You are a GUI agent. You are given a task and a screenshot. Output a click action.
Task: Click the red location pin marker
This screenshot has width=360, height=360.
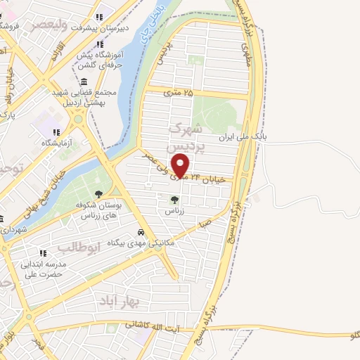point(181,165)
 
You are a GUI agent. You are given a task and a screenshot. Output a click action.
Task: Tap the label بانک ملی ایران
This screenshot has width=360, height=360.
point(252,136)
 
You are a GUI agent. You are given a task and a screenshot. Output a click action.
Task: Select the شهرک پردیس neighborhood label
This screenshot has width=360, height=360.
point(187,138)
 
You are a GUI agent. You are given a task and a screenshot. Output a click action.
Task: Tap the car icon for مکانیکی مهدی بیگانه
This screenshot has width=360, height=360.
point(141,232)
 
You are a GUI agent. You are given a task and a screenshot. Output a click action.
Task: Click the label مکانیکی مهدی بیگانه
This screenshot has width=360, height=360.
point(137,243)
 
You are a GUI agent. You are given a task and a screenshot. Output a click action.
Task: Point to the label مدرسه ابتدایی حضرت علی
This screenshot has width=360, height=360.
point(43,269)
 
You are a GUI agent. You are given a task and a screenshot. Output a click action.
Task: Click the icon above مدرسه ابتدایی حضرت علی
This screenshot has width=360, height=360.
point(43,252)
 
